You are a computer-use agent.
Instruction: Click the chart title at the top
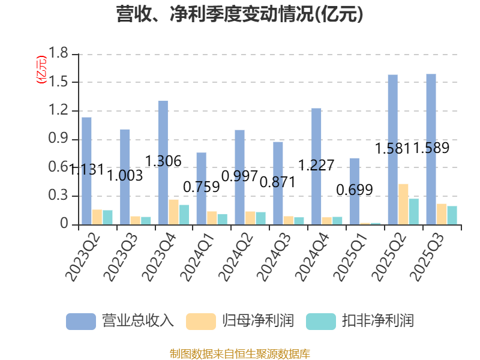tap(240, 14)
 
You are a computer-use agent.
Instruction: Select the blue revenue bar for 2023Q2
tap(87, 171)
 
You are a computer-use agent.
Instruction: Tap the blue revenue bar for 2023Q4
tap(163, 163)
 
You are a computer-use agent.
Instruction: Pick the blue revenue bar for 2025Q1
tap(355, 191)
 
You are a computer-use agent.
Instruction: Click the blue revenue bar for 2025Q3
tap(431, 149)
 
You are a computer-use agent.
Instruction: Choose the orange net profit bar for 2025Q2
tap(403, 205)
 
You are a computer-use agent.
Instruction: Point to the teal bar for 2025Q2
tap(413, 212)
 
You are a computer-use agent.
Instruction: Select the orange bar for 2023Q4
tap(173, 212)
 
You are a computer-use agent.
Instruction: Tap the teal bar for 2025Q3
tap(452, 215)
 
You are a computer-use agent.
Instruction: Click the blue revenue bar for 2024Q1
tap(202, 188)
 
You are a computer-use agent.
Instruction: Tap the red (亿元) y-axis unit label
tap(41, 70)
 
